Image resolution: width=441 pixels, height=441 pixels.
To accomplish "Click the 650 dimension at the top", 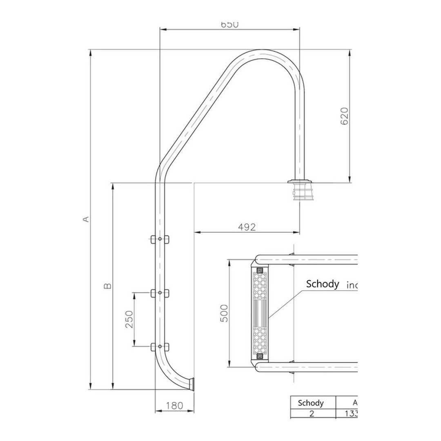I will tap(229, 24).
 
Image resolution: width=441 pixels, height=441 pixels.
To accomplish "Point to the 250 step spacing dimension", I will tap(129, 319).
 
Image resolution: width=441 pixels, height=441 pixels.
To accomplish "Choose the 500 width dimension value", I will tap(224, 313).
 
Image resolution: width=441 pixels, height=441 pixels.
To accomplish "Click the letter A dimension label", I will tap(85, 219).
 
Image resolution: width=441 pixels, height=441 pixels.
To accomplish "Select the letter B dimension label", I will tap(107, 286).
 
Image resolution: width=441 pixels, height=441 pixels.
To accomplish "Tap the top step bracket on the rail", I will tap(160, 239).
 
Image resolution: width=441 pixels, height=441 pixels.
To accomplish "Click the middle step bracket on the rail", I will tap(160, 293).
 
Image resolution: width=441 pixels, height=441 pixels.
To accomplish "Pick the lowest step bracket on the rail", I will tap(160, 347).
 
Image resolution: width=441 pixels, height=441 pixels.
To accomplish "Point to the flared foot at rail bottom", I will tap(191, 384).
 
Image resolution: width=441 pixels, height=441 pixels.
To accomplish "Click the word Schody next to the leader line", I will tap(322, 284).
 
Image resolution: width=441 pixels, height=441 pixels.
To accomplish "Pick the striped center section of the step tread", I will tap(260, 313).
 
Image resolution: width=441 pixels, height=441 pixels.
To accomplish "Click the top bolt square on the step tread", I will tap(260, 269).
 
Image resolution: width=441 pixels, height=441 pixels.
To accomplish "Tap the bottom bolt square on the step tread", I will tap(260, 356).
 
